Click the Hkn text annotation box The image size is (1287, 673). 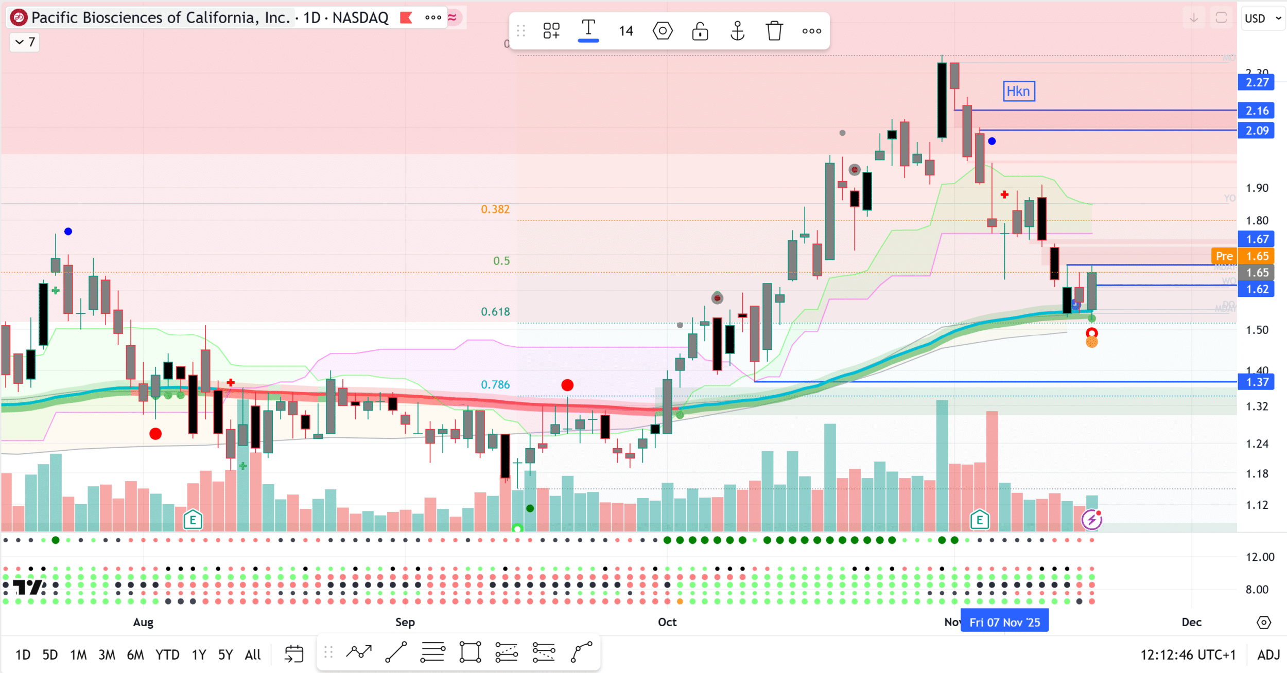1018,92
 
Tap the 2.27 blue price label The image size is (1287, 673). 1256,82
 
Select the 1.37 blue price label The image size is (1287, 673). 1256,382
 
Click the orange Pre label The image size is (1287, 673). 1224,256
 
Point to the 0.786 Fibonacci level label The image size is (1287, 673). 495,385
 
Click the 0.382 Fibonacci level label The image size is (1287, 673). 495,209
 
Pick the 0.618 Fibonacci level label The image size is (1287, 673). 495,312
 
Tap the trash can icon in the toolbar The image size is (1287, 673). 774,31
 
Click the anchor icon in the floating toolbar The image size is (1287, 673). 737,31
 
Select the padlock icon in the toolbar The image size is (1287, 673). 700,31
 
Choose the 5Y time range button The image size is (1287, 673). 225,654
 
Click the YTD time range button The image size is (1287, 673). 167,654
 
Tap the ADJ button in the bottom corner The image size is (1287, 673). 1268,654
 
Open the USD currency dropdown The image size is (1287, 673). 1262,19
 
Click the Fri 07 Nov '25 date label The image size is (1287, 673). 1004,622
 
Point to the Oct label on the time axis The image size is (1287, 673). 667,622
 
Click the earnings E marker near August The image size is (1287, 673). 193,520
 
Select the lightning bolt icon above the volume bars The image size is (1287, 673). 1091,520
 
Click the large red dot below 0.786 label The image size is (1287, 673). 567,385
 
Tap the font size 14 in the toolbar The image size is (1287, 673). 625,31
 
